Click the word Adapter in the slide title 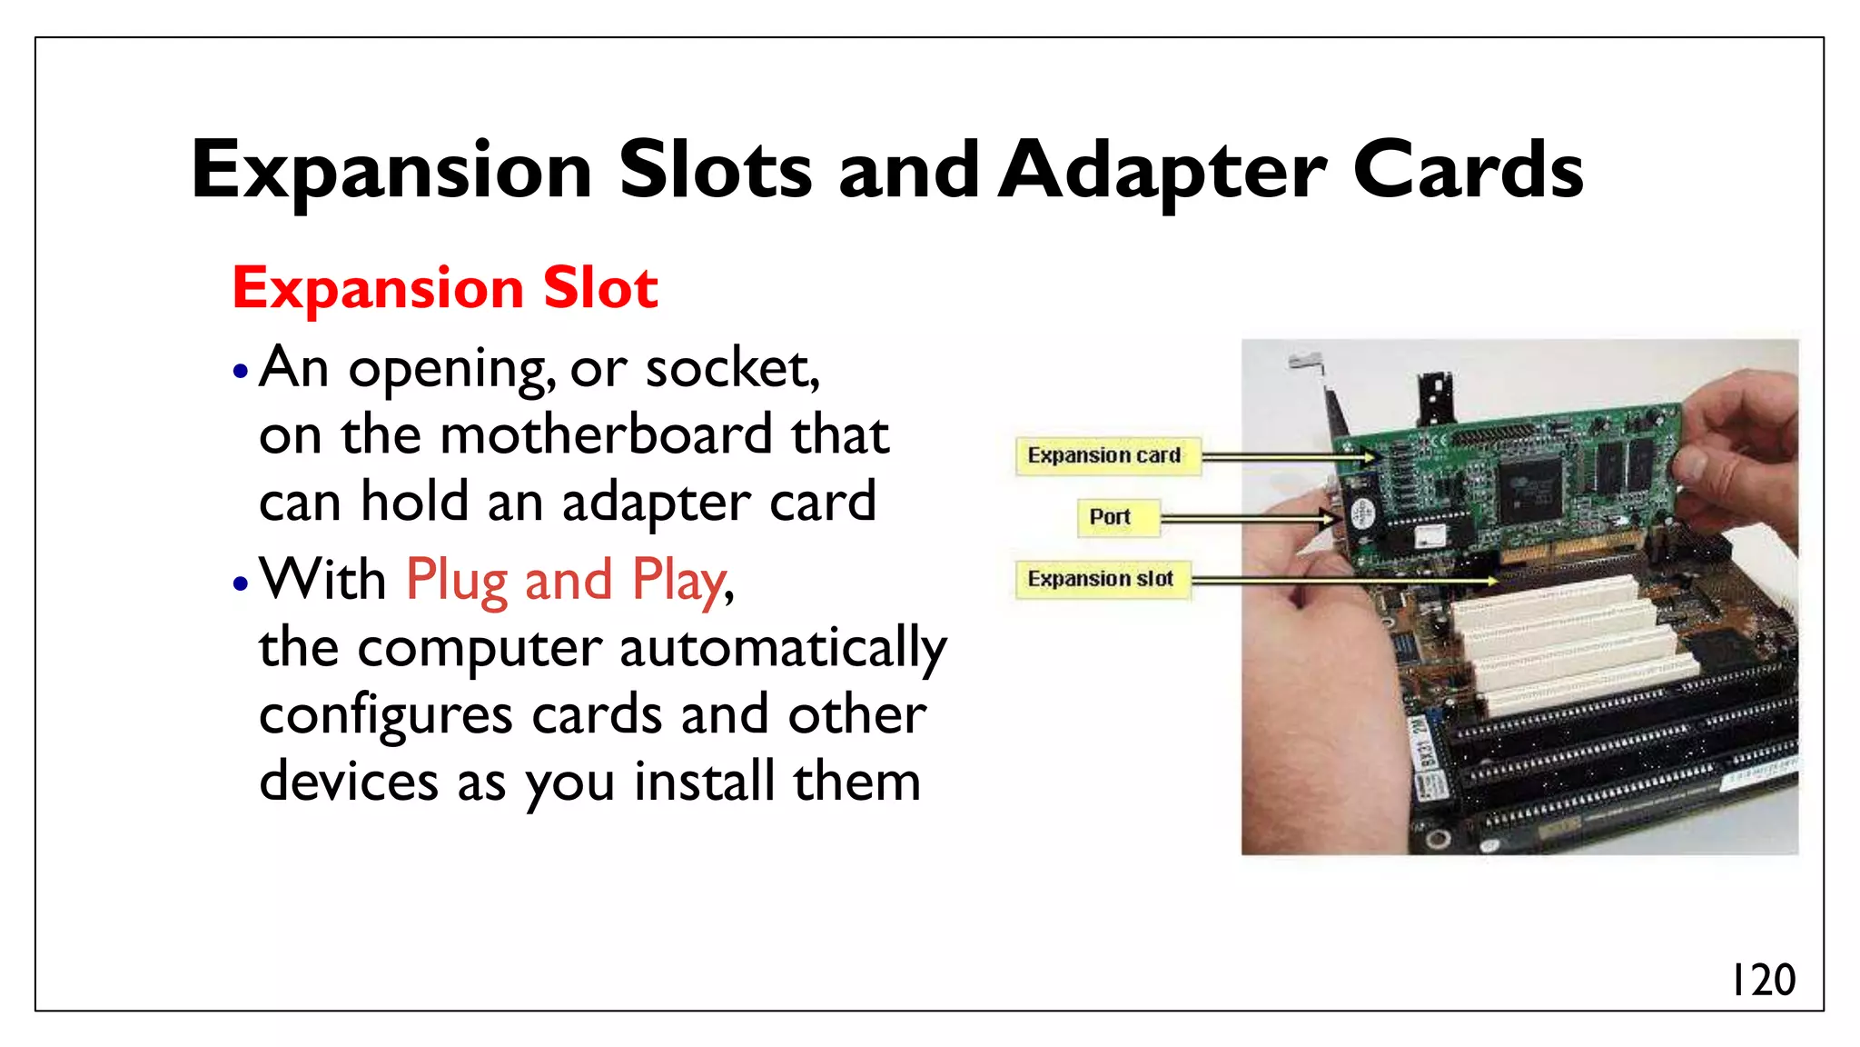click(1163, 172)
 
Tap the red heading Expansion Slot click(445, 288)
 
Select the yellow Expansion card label click(1104, 455)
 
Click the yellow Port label click(1110, 517)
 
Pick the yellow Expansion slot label click(1100, 579)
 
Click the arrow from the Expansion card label click(1290, 456)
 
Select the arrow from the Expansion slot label click(1344, 580)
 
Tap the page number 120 click(1763, 981)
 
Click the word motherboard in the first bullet click(606, 435)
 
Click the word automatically click(783, 649)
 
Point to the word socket click(731, 369)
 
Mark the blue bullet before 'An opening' click(240, 371)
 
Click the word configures click(385, 716)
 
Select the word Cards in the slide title click(1468, 172)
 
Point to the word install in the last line click(704, 783)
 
